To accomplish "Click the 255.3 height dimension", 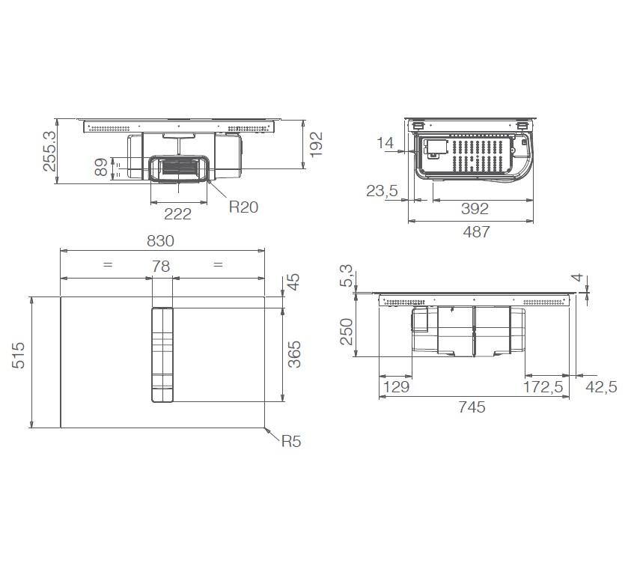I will point(49,151).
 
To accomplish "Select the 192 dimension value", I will point(315,145).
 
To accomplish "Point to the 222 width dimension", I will point(177,214).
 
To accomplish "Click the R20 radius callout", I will point(243,207).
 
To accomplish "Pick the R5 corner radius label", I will point(290,442).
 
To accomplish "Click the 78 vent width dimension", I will point(161,266).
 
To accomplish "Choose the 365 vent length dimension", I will point(294,355).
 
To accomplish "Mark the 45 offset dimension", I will point(294,283).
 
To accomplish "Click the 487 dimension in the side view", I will point(475,232).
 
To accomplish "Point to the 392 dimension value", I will point(475,209).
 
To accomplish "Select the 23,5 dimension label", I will point(382,192).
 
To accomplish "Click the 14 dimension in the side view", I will point(385,143).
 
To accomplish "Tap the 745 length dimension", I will point(472,407).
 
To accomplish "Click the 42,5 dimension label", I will point(601,387).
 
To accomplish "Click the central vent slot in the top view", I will point(162,356).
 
